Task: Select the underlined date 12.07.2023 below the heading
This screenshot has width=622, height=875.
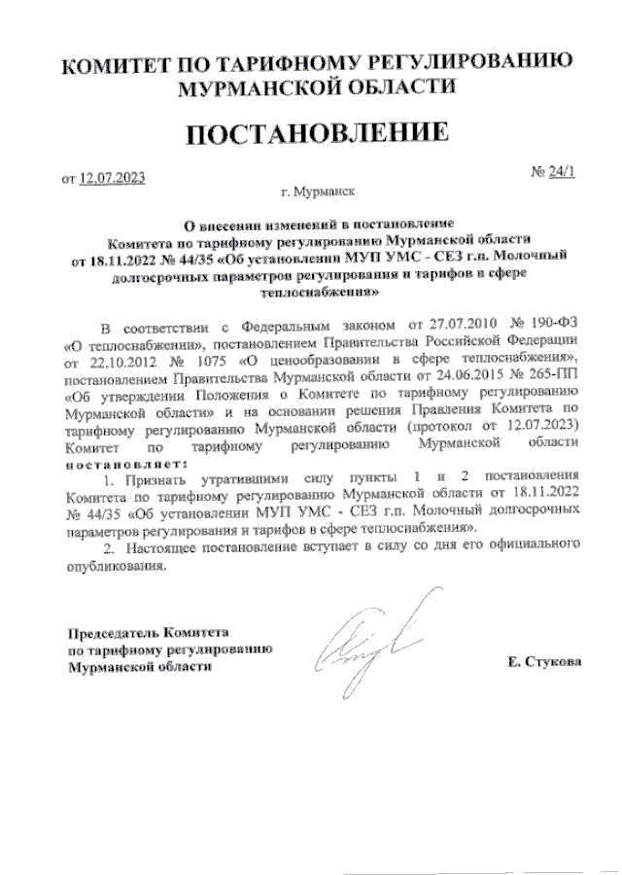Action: point(114,177)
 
